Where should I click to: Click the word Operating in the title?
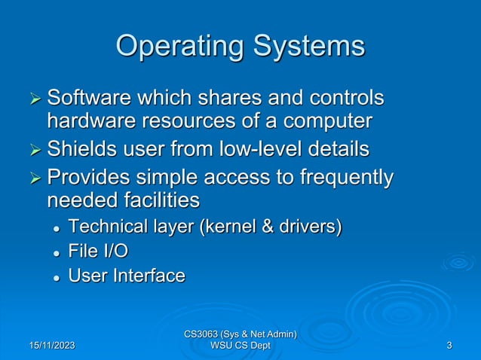coord(174,47)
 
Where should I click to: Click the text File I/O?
coord(93,251)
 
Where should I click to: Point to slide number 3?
coord(449,346)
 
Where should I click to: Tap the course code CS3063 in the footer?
coord(207,334)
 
